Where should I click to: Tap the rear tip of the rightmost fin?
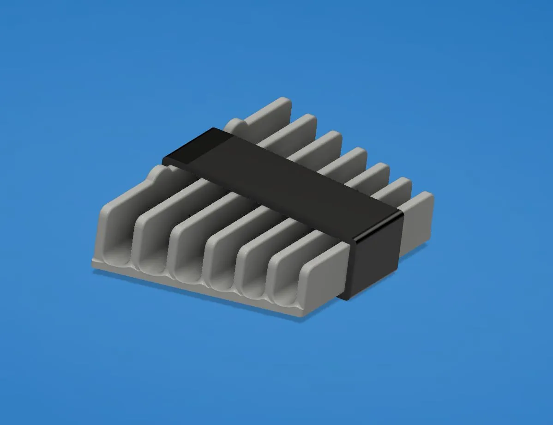pyautogui.click(x=426, y=199)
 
